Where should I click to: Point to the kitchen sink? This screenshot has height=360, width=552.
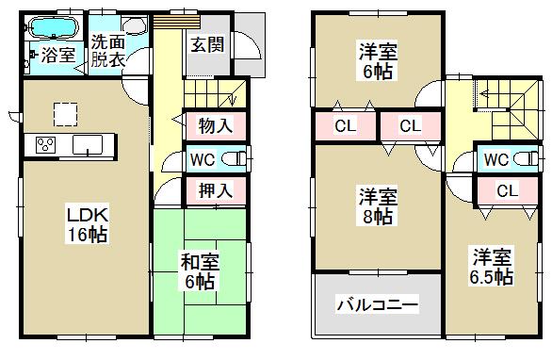point(91,145)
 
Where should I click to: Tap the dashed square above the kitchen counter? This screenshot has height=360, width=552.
point(65,113)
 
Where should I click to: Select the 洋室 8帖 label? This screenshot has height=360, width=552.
point(374,206)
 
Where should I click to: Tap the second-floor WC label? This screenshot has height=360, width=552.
point(496,158)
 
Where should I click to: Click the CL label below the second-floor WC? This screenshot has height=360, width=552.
point(506,191)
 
